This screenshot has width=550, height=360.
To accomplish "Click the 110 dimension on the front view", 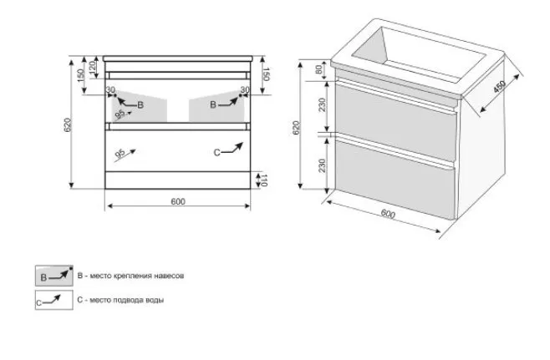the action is pos(264,180).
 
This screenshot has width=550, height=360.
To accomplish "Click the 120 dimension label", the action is pos(93,67).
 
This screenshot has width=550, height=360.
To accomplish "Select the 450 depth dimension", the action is pos(500,87).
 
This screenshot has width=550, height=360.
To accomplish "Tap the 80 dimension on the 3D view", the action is pos(318,69).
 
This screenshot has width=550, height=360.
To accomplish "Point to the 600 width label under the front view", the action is pos(178,201).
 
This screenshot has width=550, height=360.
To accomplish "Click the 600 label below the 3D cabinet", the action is pos(388,214).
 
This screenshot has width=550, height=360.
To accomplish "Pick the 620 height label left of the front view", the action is pos(68,125).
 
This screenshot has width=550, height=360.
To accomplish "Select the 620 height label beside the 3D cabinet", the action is pos(296,128).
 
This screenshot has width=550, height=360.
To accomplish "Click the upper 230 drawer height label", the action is pos(322,104).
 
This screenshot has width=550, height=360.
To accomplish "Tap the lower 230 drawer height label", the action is pos(322,165).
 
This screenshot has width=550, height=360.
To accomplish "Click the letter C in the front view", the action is pos(216,153).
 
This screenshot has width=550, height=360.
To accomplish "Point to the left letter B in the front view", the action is pos(140,104).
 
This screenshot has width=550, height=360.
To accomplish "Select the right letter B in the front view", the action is pos(213,104).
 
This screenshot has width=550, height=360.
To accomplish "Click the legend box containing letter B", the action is pos(54,276).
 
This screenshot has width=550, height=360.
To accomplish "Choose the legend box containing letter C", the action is pos(54,300).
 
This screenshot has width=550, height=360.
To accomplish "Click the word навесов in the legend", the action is pos(170,276).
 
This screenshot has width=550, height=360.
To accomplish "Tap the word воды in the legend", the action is pos(155,300).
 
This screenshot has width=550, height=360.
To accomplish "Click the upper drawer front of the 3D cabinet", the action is pos(395,119).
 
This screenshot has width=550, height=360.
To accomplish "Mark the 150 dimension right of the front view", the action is pos(266,74).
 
